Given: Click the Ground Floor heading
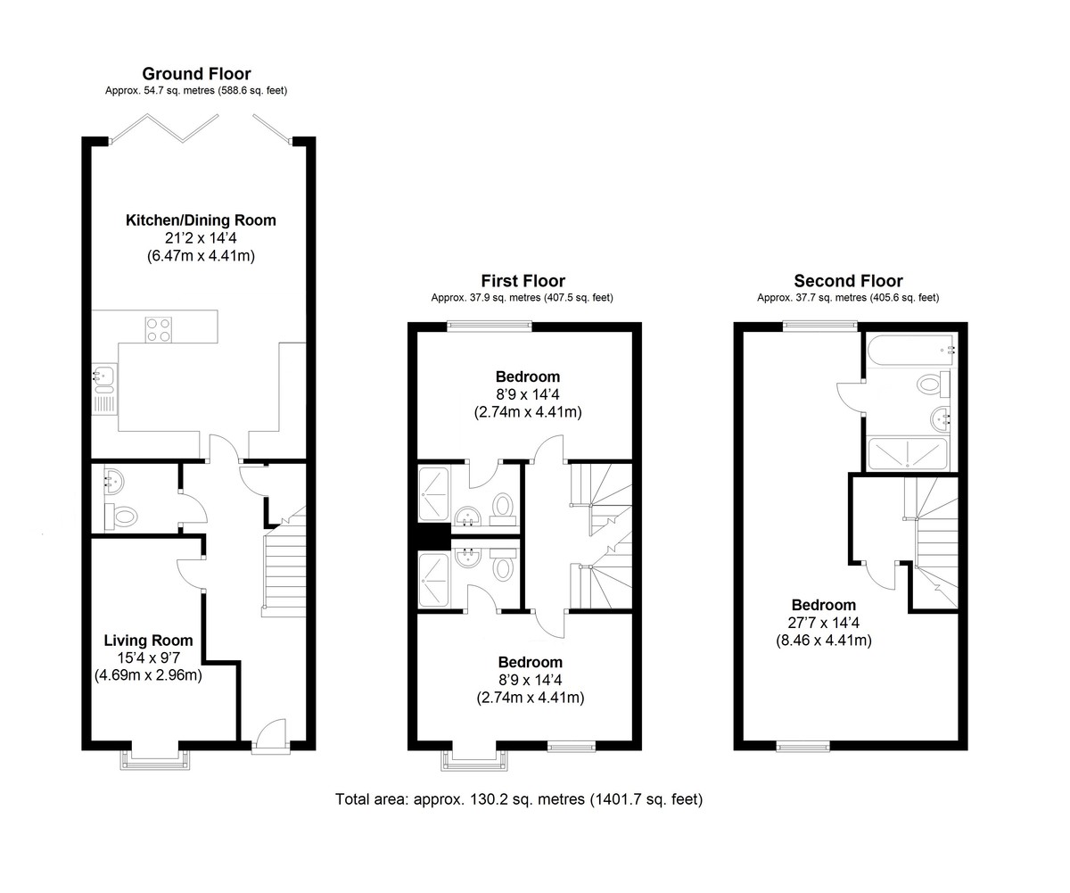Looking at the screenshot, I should [x=196, y=74].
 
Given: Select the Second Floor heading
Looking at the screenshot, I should [x=848, y=281].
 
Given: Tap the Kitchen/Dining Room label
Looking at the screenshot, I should [x=201, y=220].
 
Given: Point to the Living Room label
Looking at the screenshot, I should [x=148, y=641].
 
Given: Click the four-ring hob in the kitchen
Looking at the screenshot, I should [x=158, y=329].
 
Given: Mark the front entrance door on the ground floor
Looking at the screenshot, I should [x=270, y=736].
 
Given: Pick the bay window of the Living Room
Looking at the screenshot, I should [x=155, y=757].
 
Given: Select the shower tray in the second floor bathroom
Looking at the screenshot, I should [x=909, y=453].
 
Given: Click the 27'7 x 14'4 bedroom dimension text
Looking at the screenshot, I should [x=823, y=623].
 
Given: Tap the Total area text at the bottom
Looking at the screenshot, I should [x=519, y=799].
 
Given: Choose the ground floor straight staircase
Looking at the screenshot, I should [x=284, y=571].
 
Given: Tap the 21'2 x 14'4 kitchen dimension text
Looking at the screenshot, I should [x=201, y=238].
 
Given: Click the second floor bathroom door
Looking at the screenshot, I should [x=851, y=397].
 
